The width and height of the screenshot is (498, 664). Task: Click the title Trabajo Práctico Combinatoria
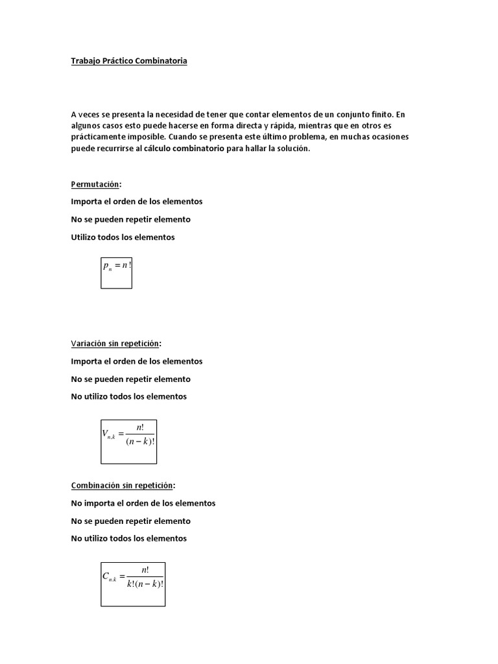click(129, 61)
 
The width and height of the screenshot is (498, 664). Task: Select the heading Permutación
click(95, 184)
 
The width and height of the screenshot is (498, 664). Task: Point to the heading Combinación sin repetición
click(123, 485)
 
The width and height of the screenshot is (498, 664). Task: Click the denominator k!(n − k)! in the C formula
click(145, 584)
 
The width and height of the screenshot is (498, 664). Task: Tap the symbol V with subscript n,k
click(108, 435)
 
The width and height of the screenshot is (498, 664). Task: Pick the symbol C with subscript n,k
click(109, 576)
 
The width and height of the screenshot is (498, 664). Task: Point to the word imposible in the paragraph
click(145, 137)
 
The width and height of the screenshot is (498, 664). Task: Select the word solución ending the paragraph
click(292, 149)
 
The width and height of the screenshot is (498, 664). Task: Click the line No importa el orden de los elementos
click(143, 503)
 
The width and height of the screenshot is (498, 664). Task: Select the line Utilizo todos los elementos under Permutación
click(123, 237)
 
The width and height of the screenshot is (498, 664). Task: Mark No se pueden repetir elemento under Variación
click(130, 379)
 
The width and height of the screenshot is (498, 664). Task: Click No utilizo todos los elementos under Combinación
click(128, 538)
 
